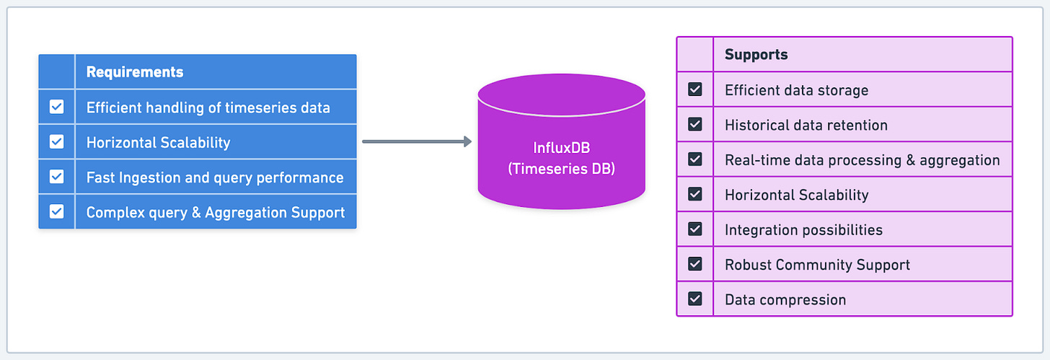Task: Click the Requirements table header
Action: pyautogui.click(x=135, y=72)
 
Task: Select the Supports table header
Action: pyautogui.click(x=756, y=55)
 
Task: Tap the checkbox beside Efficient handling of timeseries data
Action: pyautogui.click(x=56, y=107)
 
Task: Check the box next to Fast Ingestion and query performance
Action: pyautogui.click(x=56, y=177)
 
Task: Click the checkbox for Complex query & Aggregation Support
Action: pyautogui.click(x=56, y=212)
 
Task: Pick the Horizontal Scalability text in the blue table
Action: pyautogui.click(x=158, y=142)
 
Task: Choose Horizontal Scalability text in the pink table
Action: pyautogui.click(x=796, y=195)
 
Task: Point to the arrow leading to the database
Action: pyautogui.click(x=416, y=141)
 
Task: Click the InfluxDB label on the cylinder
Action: pyautogui.click(x=561, y=149)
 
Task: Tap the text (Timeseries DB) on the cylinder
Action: pyautogui.click(x=561, y=168)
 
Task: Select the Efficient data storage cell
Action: pyautogui.click(x=796, y=90)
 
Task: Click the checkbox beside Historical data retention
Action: pyautogui.click(x=694, y=125)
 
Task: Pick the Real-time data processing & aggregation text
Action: pyautogui.click(x=862, y=160)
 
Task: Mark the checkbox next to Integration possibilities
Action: pyautogui.click(x=694, y=229)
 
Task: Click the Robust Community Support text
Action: pyautogui.click(x=817, y=265)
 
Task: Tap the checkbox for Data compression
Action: pyautogui.click(x=694, y=299)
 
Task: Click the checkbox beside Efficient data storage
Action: pyautogui.click(x=694, y=90)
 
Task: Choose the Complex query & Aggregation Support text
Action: pyautogui.click(x=215, y=213)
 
